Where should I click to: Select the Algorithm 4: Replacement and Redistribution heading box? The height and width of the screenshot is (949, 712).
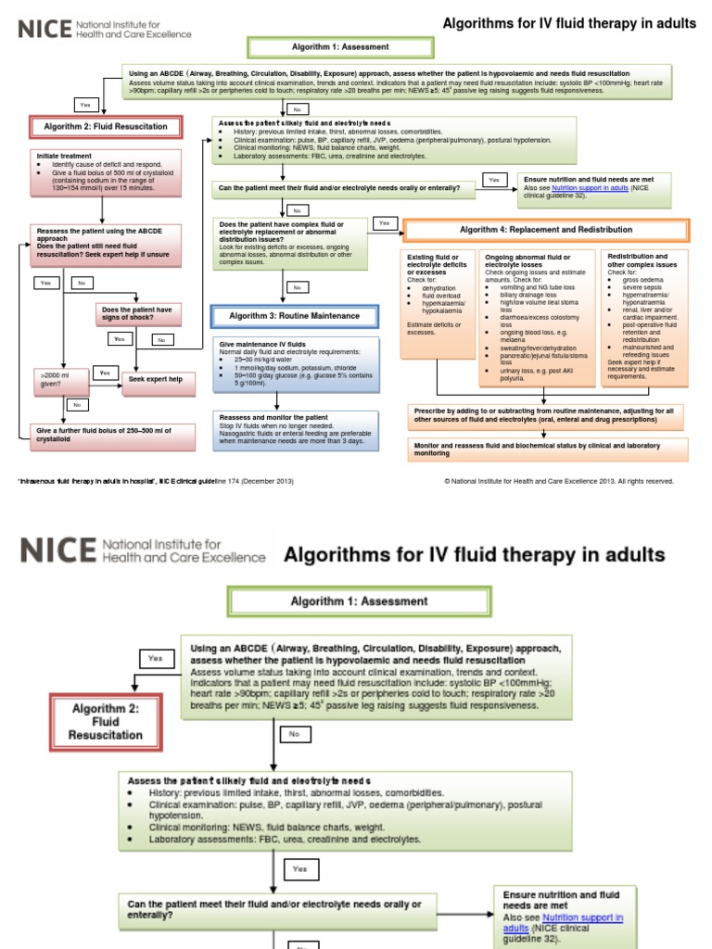(x=546, y=230)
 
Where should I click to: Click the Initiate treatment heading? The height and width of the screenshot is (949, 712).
(x=65, y=156)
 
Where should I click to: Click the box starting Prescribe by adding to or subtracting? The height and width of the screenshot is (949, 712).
(x=547, y=413)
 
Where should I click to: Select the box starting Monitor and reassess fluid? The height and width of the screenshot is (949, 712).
(x=547, y=449)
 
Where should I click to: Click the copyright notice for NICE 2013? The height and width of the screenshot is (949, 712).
(x=559, y=481)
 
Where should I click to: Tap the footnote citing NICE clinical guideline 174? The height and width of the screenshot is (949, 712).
(x=156, y=481)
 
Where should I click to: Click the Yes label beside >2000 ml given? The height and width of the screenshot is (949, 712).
(x=105, y=373)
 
